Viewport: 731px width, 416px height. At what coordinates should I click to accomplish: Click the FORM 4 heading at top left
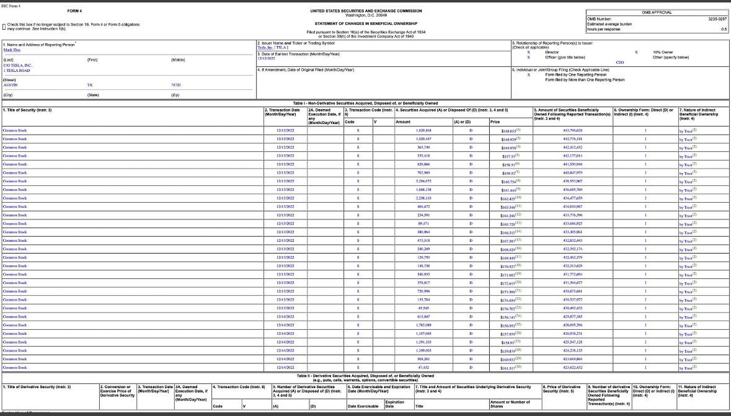(x=73, y=11)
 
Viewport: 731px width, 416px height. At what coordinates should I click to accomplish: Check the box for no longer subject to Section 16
(x=4, y=26)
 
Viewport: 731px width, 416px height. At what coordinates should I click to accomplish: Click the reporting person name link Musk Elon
(x=12, y=50)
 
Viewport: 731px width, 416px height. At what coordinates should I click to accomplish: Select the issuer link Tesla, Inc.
(x=265, y=48)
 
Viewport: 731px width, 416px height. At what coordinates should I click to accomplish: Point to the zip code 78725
(x=175, y=85)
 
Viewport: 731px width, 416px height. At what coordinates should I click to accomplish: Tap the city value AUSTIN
(x=11, y=85)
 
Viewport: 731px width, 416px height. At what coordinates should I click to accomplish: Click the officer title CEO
(x=619, y=63)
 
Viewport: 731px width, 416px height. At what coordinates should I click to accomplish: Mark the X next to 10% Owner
(x=636, y=53)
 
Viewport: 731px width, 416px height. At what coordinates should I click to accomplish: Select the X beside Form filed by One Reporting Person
(x=528, y=75)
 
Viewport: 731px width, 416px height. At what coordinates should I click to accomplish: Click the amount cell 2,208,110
(x=423, y=198)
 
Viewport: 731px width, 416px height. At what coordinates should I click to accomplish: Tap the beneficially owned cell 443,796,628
(x=572, y=131)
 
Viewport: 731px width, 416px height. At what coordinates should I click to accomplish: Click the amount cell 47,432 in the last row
(x=424, y=368)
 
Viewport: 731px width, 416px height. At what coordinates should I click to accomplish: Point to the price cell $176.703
(x=510, y=308)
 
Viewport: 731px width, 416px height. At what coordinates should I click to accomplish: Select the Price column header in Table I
(x=495, y=122)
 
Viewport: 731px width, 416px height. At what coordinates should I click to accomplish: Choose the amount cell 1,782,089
(x=423, y=325)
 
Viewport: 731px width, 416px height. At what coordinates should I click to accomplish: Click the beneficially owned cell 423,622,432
(x=572, y=368)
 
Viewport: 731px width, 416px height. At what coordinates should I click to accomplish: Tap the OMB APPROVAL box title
(x=656, y=12)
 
